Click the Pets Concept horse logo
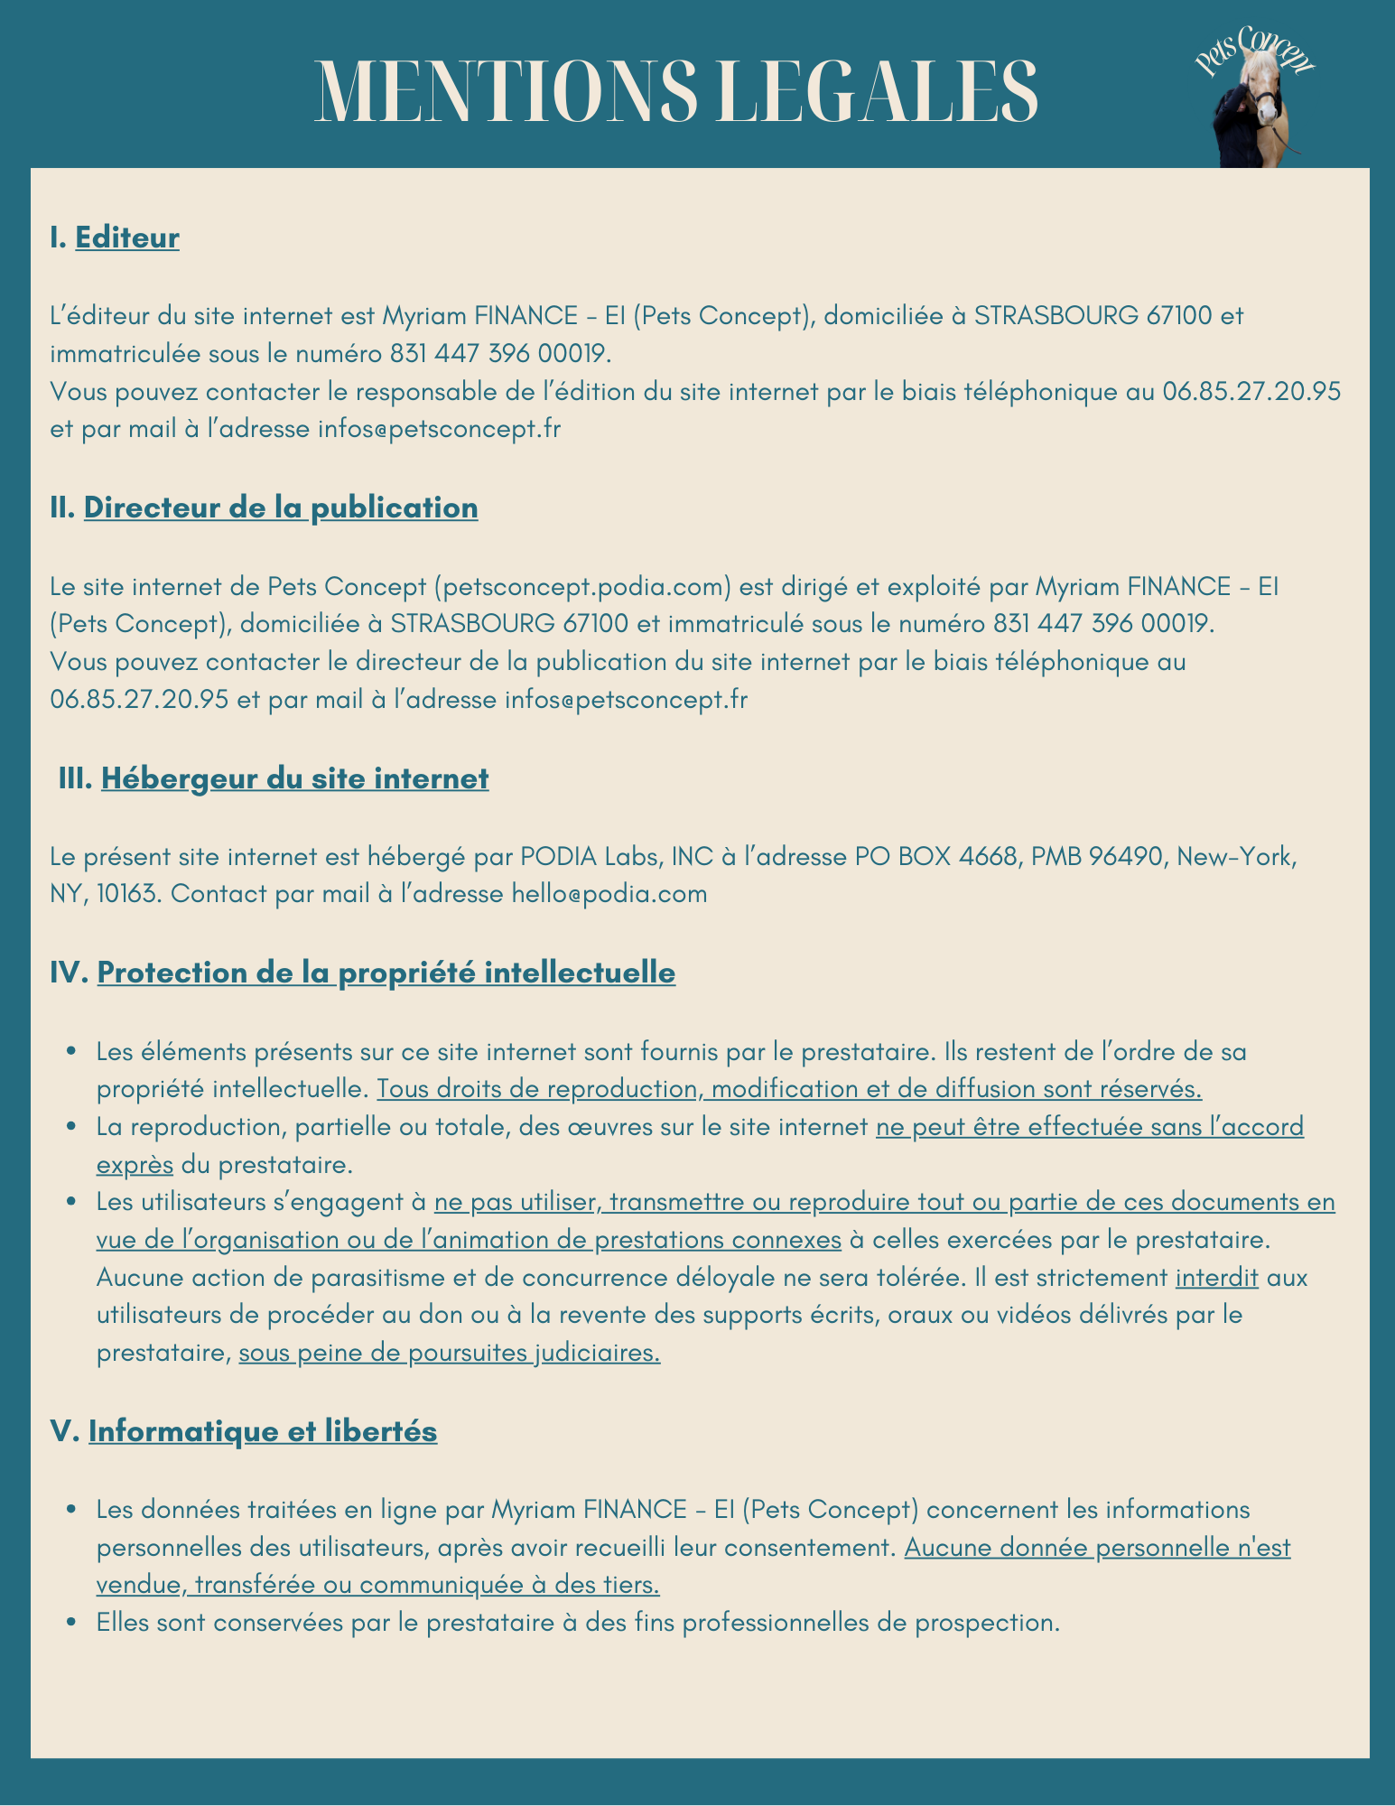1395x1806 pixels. (x=1256, y=99)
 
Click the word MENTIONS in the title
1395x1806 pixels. (x=507, y=91)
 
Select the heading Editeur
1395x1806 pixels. (x=127, y=237)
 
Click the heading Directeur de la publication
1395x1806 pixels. (x=281, y=507)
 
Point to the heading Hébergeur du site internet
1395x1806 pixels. (x=294, y=778)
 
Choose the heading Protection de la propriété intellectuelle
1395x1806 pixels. (x=386, y=973)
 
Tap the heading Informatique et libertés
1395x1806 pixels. (x=263, y=1431)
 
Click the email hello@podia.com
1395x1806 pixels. (x=609, y=894)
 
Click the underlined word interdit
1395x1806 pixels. (x=1216, y=1278)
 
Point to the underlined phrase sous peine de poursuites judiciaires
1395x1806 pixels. (x=449, y=1353)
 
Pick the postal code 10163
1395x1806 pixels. (x=126, y=894)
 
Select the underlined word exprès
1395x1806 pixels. (x=135, y=1165)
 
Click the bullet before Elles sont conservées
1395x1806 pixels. (x=71, y=1623)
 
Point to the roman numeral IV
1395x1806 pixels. (x=69, y=973)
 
